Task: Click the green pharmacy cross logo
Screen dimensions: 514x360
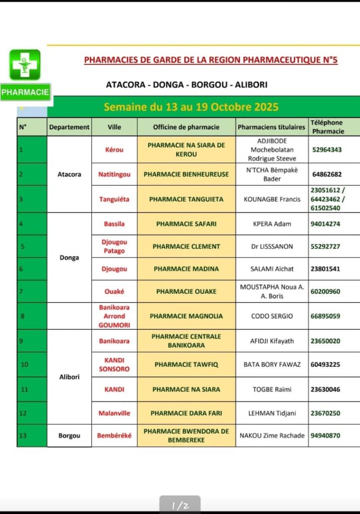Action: (25, 65)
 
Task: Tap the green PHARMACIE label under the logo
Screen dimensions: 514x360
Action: (25, 92)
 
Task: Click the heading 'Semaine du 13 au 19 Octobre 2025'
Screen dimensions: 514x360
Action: (191, 107)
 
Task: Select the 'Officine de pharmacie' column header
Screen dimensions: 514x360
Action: (186, 127)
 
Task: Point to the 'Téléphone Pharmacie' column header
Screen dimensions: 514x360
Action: (327, 127)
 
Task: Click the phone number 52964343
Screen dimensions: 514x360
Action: (327, 150)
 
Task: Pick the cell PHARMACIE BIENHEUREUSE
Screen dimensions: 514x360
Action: (186, 174)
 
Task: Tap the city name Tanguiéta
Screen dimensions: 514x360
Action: (114, 199)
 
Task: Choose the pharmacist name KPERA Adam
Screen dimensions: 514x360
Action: (272, 224)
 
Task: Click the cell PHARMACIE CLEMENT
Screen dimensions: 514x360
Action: (186, 246)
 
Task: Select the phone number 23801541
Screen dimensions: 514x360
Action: (325, 269)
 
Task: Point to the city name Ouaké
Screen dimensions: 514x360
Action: (114, 292)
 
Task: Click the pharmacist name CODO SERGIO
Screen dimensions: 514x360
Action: (272, 316)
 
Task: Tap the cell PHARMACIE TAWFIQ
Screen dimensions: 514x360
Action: (186, 365)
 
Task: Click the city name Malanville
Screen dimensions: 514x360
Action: (114, 413)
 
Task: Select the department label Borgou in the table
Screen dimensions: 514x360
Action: (69, 436)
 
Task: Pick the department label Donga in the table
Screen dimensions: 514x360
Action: (69, 258)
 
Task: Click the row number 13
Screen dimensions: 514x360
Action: (23, 436)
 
